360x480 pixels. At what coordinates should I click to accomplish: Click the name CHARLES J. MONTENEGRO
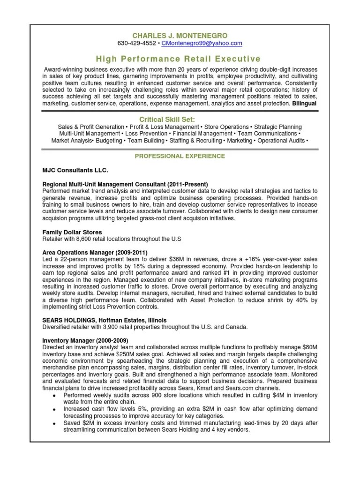point(180,35)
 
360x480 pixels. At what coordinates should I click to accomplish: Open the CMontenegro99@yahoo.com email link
point(202,44)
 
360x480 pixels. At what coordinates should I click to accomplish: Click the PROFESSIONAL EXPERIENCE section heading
point(180,156)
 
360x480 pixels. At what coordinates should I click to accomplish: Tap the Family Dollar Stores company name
point(72,232)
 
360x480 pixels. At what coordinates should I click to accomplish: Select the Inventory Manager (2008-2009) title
point(85,340)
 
